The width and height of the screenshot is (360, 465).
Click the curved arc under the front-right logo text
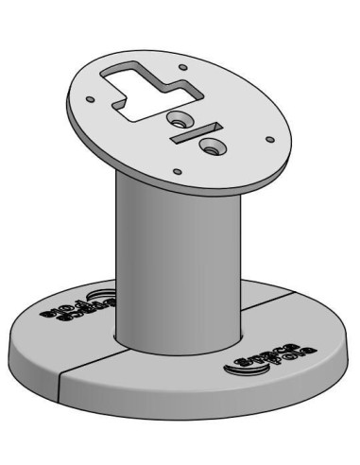coord(248,372)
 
